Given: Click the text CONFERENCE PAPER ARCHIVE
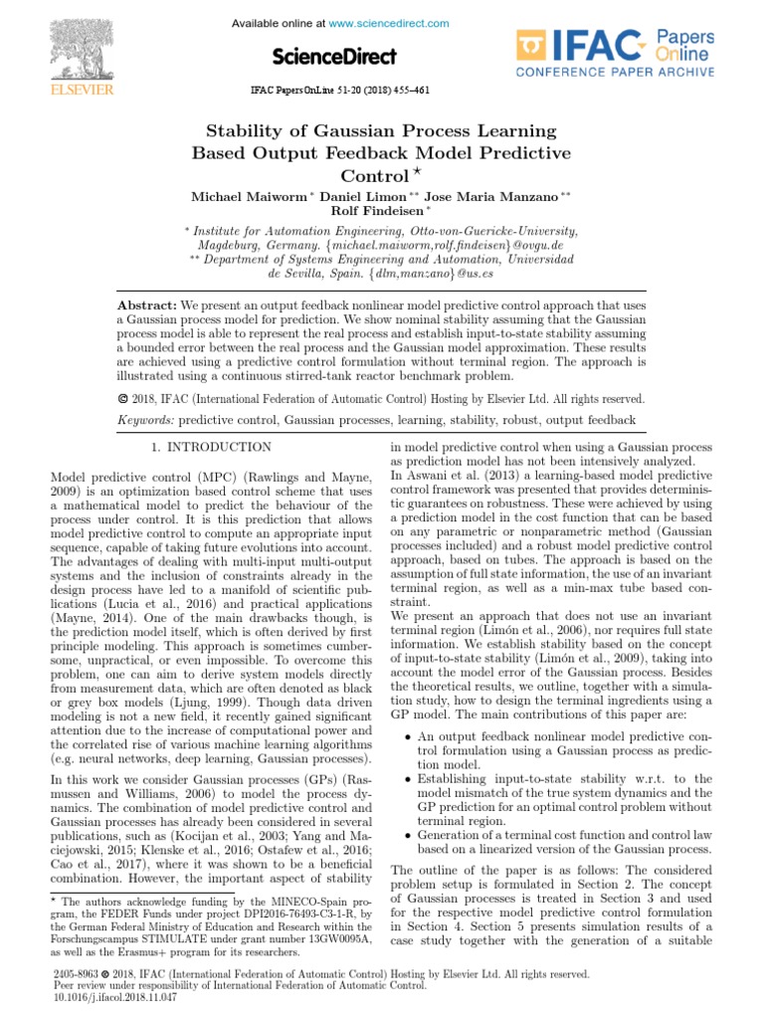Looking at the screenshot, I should (615, 72).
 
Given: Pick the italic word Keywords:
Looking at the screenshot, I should (145, 422).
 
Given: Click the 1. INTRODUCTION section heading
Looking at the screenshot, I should (210, 448).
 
